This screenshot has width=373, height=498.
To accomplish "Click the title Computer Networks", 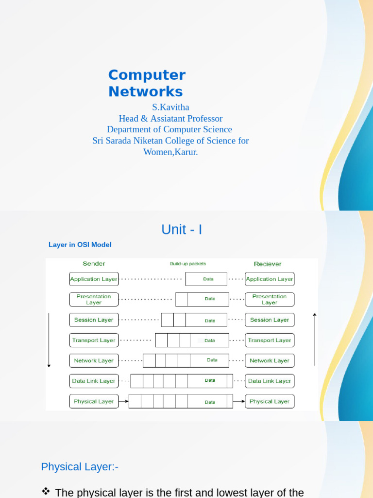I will pos(147,83).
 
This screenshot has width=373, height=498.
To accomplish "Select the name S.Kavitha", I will pos(170,107).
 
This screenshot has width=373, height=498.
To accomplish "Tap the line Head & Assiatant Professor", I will pos(170,118).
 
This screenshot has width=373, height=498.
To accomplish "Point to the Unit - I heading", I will pos(182,230).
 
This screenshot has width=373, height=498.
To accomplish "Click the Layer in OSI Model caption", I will pos(80,245).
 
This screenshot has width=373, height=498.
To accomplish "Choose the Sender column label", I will pos(94,264).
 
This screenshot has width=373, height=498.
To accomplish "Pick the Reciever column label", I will pos(268,264).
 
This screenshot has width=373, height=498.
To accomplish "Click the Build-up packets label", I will pos(187,264).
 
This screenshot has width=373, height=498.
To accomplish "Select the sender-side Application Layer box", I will pos(94,279).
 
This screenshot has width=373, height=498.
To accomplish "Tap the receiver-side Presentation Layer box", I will pos(270,300).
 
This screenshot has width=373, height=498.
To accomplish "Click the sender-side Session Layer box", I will pos(94,320).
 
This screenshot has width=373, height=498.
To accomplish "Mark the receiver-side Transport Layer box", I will pos(270,340).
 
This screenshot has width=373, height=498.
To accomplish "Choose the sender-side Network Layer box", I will pos(94,361).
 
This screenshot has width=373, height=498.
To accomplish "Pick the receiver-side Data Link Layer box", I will pos(270,381).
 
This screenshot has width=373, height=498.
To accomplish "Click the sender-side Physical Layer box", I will pos(94,402).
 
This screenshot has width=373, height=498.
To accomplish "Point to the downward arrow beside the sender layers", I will pos(49,340).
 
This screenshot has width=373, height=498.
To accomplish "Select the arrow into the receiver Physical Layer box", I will pos(238,402).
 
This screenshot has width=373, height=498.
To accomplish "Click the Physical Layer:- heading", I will pos(80,467).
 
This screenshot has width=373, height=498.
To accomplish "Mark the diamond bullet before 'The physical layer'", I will pos(46,492).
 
